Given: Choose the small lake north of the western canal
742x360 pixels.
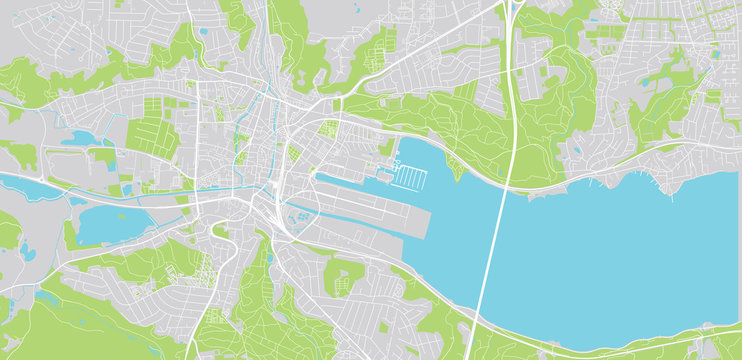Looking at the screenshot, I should pos(80,137).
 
